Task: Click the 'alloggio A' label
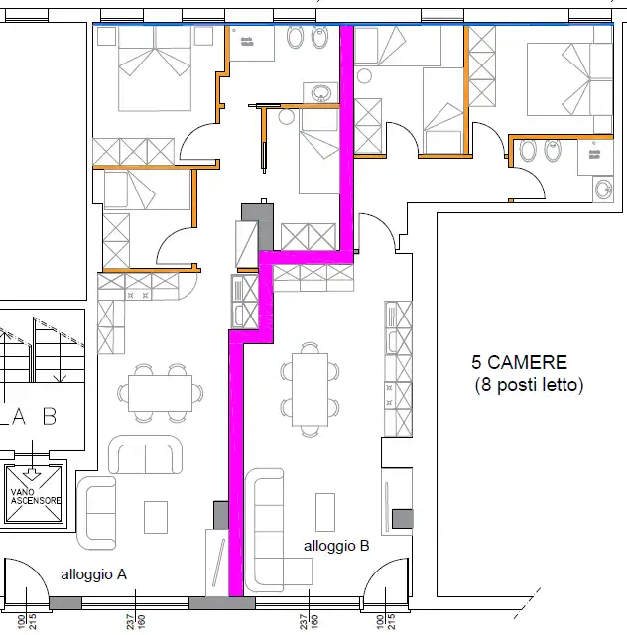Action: pyautogui.click(x=93, y=574)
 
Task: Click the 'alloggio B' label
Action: pyautogui.click(x=336, y=546)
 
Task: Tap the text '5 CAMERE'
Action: pyautogui.click(x=519, y=362)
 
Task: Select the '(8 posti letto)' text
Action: pyautogui.click(x=529, y=384)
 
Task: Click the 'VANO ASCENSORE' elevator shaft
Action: pyautogui.click(x=35, y=493)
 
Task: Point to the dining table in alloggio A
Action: pyautogui.click(x=161, y=393)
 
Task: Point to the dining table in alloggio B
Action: pyautogui.click(x=310, y=389)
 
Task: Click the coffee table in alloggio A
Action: pyautogui.click(x=156, y=517)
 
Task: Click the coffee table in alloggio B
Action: pyautogui.click(x=325, y=512)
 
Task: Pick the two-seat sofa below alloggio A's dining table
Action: pyautogui.click(x=146, y=454)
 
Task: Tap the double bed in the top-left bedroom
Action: pyautogui.click(x=155, y=68)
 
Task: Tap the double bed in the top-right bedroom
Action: pyautogui.click(x=569, y=79)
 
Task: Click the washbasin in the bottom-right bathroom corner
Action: pyautogui.click(x=604, y=189)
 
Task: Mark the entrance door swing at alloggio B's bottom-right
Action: pyautogui.click(x=386, y=577)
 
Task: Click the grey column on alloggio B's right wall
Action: pyautogui.click(x=402, y=519)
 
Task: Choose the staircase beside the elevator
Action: pyautogui.click(x=43, y=350)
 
